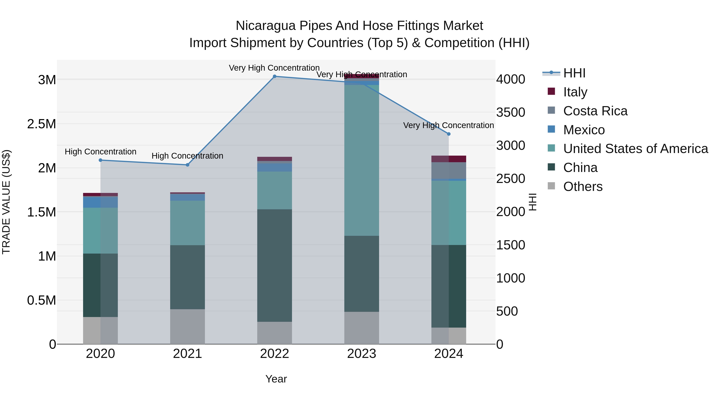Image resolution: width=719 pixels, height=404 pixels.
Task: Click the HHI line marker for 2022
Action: click(x=274, y=76)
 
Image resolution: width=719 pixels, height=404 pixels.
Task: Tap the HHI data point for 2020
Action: click(x=100, y=160)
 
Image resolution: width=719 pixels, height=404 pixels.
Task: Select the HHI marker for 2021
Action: click(x=188, y=165)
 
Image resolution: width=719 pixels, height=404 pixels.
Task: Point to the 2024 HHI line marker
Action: click(x=449, y=134)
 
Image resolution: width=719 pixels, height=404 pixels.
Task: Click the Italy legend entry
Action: click(x=575, y=92)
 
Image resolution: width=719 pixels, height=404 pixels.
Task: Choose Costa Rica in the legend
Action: click(x=595, y=111)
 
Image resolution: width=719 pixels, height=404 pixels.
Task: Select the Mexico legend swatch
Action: click(x=551, y=129)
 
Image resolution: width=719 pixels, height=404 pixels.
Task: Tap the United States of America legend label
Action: click(x=636, y=149)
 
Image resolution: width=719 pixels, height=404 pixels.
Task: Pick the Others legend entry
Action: click(x=583, y=187)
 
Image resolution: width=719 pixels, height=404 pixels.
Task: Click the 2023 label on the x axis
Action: click(x=361, y=354)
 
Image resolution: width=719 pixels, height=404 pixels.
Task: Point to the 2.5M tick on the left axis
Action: click(x=42, y=124)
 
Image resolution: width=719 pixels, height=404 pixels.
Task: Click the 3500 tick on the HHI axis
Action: click(x=510, y=112)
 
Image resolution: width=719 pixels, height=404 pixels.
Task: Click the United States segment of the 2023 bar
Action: click(x=361, y=160)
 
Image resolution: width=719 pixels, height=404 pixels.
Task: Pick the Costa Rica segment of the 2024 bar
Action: click(x=449, y=170)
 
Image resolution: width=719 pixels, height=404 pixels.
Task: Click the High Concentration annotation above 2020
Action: click(x=100, y=152)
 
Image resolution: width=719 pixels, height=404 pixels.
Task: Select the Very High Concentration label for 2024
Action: click(x=449, y=125)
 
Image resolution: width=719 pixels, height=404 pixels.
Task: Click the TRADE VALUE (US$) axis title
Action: click(x=6, y=202)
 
